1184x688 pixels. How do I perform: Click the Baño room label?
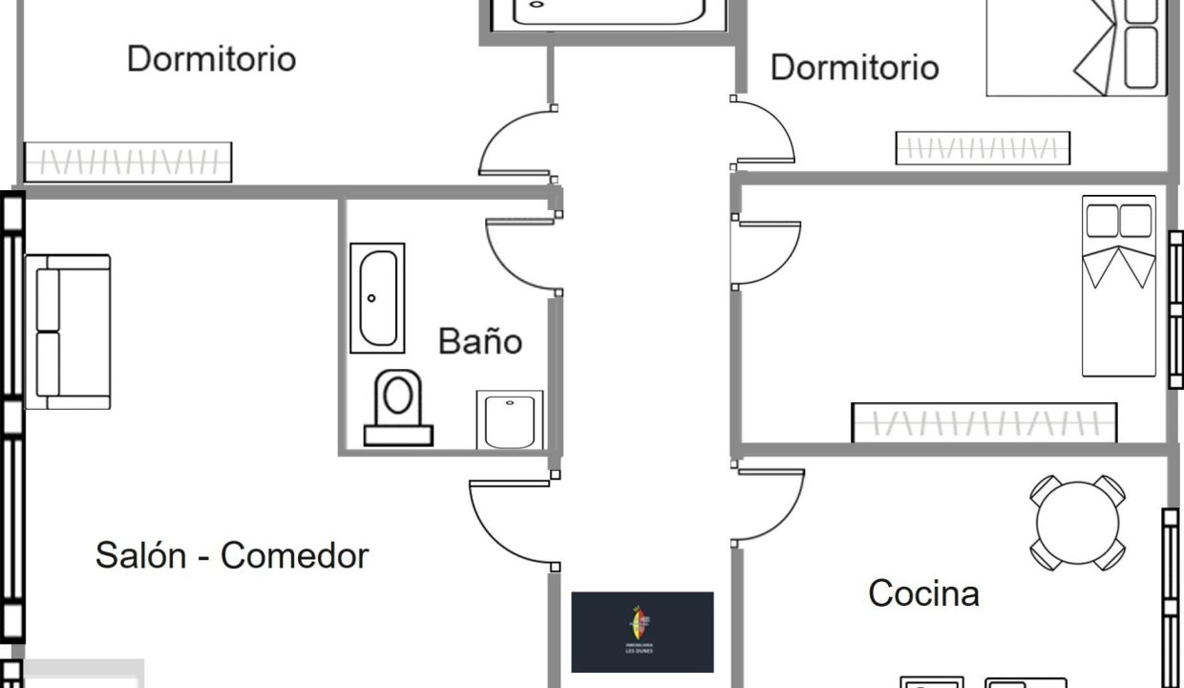pos(479,341)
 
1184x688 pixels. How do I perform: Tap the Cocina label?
pos(923,593)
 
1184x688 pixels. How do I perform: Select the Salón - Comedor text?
pos(232,555)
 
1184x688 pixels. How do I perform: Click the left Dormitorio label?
pos(211,58)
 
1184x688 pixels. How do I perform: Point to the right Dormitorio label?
pos(855,67)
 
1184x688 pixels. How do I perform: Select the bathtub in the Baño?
pos(376,297)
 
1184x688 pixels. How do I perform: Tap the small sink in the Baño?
pos(509,419)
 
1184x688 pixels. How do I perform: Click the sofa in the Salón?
pos(67,331)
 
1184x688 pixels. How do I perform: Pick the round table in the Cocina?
pos(1077,523)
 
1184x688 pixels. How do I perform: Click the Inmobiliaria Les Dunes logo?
pos(642,632)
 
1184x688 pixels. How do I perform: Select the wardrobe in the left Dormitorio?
pos(127,161)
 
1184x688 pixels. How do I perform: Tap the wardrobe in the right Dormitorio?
pos(982,148)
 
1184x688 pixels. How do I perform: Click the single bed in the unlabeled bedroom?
pos(1118,287)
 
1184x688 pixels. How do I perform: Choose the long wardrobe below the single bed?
pos(983,422)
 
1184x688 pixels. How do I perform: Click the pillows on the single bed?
pos(1118,222)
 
